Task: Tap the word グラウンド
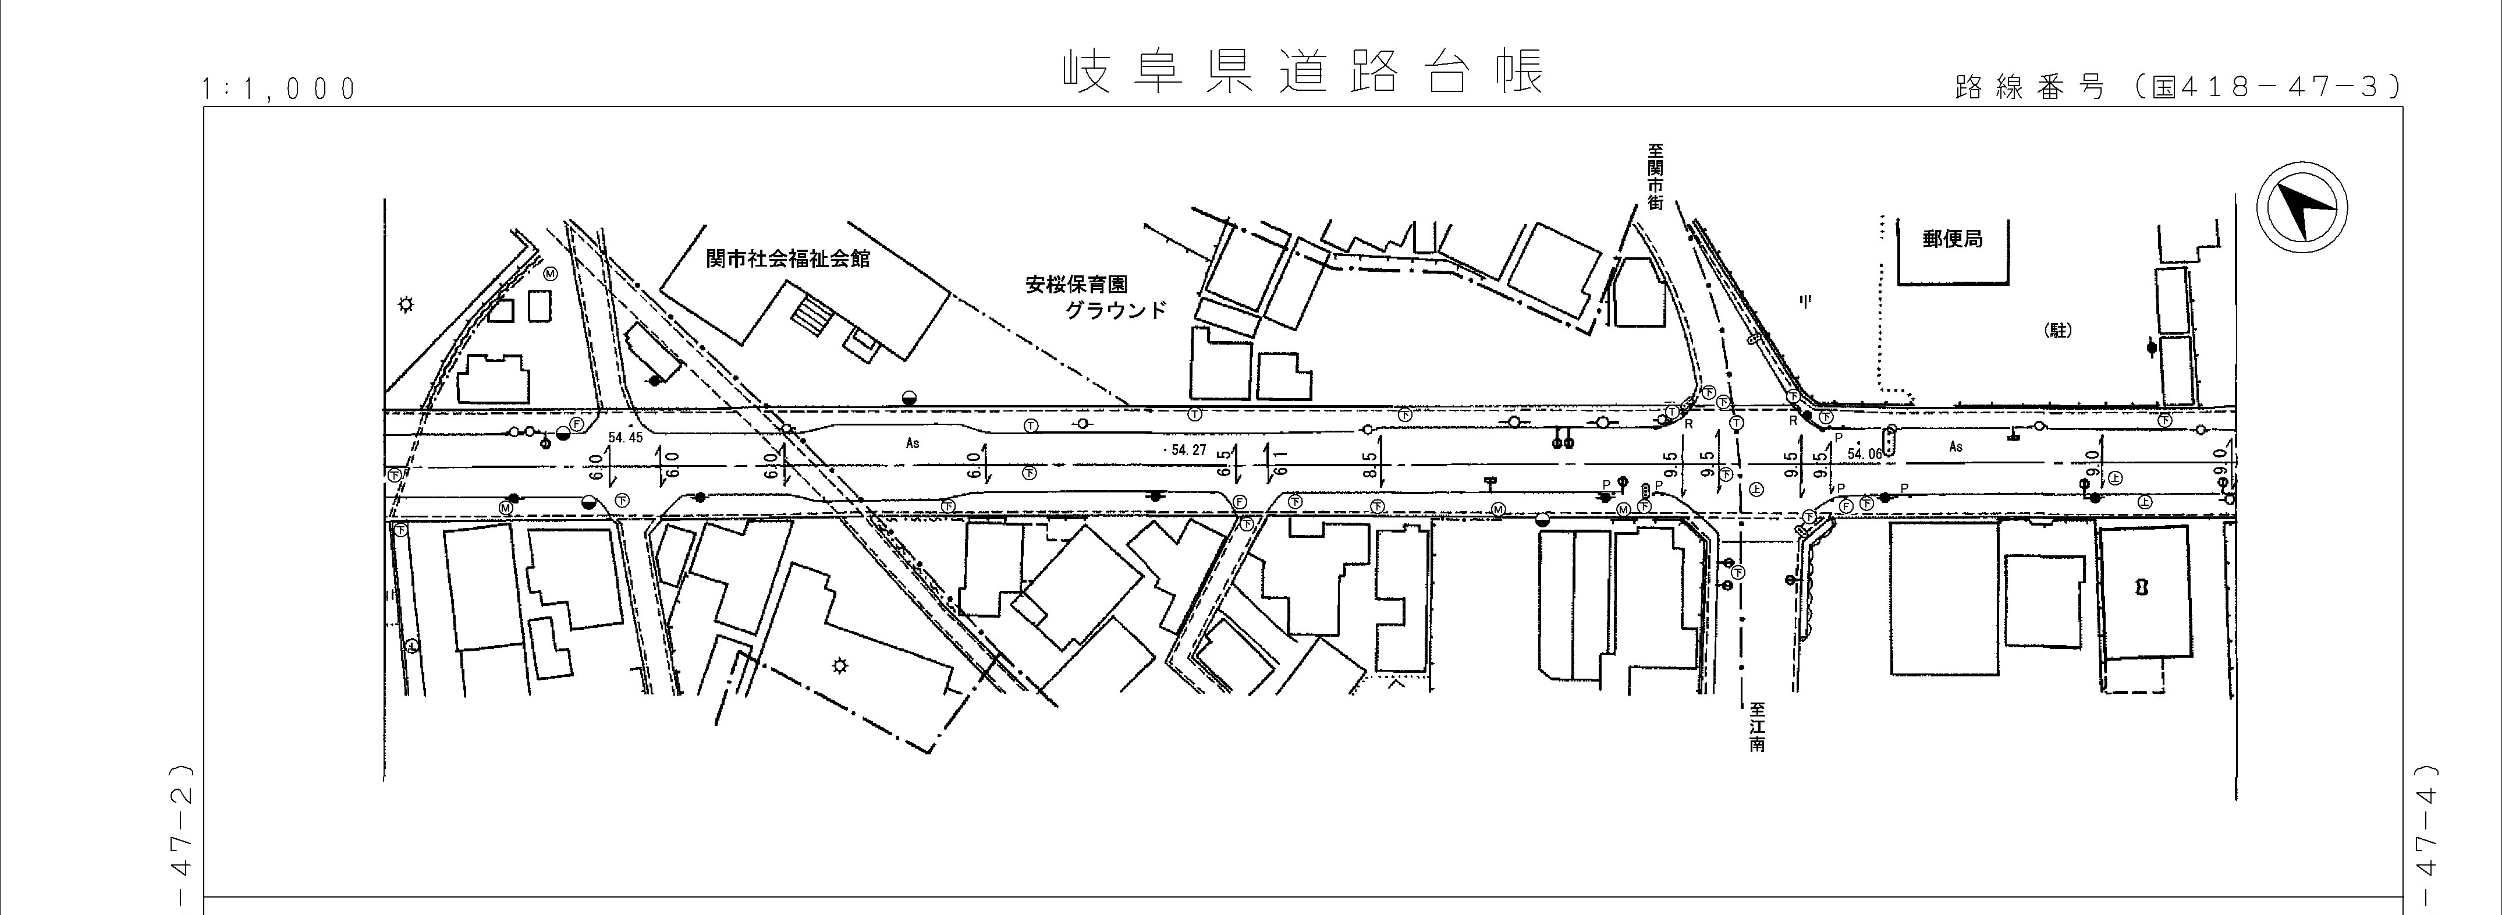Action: [1115, 312]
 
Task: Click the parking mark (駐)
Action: [2058, 330]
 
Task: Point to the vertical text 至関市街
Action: [1655, 177]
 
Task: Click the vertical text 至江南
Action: [1756, 729]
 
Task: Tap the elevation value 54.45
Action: [626, 438]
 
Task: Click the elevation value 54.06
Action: [1864, 453]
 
